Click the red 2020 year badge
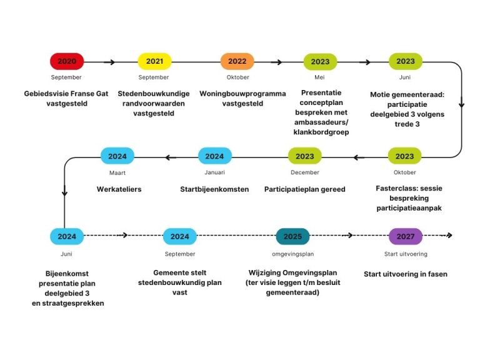pyautogui.click(x=67, y=61)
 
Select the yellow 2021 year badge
pyautogui.click(x=154, y=61)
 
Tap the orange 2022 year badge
pyautogui.click(x=237, y=61)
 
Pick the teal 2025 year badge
pyautogui.click(x=292, y=237)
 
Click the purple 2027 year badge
pyautogui.click(x=405, y=237)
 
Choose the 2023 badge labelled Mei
pyautogui.click(x=320, y=61)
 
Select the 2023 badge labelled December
pyautogui.click(x=305, y=156)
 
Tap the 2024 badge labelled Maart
pyautogui.click(x=117, y=156)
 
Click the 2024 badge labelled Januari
pyautogui.click(x=214, y=156)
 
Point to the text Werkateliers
pyautogui.click(x=119, y=189)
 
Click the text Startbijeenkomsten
pyautogui.click(x=214, y=189)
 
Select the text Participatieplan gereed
pyautogui.click(x=304, y=189)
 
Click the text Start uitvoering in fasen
pyautogui.click(x=406, y=274)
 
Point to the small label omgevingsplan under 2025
pyautogui.click(x=292, y=254)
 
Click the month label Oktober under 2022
pyautogui.click(x=237, y=77)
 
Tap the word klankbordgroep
pyautogui.click(x=321, y=132)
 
